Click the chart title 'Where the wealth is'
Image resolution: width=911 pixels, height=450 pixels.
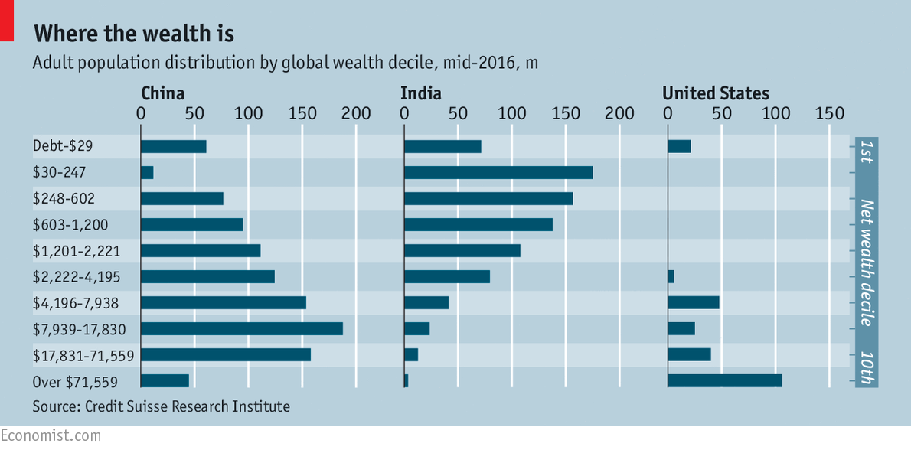[x=134, y=34]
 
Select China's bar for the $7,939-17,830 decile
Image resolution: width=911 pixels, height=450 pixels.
[x=242, y=329]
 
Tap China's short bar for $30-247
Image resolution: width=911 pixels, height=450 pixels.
[x=147, y=173]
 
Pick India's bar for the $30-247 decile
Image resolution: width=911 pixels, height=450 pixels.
[x=498, y=173]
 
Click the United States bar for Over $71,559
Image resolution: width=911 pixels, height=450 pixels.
[x=725, y=380]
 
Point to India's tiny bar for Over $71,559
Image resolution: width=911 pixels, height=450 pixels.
[x=406, y=380]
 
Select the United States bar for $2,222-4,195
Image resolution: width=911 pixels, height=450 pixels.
[x=671, y=276]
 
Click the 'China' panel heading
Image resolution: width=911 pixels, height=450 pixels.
[x=162, y=93]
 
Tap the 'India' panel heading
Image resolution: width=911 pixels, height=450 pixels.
[x=420, y=93]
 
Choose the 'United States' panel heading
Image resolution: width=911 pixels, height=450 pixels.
[x=715, y=93]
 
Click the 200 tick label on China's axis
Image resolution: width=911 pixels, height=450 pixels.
[x=356, y=114]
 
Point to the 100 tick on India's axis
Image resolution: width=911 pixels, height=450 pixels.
[x=511, y=114]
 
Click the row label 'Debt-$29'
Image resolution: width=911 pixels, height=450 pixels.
[x=63, y=146]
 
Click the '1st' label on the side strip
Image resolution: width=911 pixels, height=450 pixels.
[x=866, y=151]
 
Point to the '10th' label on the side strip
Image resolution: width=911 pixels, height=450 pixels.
[x=866, y=367]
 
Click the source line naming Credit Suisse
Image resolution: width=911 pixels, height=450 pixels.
[x=162, y=406]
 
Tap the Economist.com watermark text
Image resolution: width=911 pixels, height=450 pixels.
[x=51, y=435]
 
